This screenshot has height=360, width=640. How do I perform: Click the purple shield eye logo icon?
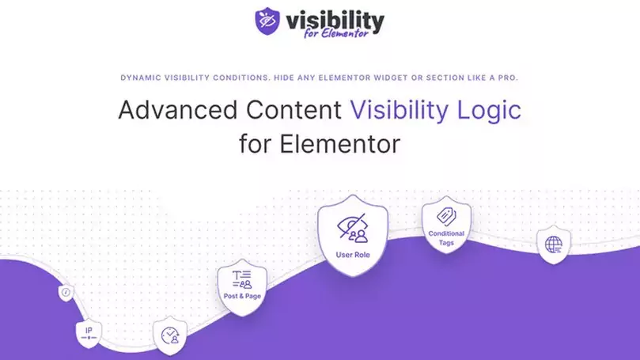(268, 22)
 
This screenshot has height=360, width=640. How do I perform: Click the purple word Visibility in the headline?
(406, 110)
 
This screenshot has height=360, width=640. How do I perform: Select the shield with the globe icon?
(553, 244)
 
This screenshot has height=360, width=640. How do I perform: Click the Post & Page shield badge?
(242, 286)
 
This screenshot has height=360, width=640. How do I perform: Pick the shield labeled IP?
(88, 333)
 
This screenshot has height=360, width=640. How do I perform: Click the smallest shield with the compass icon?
(66, 294)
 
